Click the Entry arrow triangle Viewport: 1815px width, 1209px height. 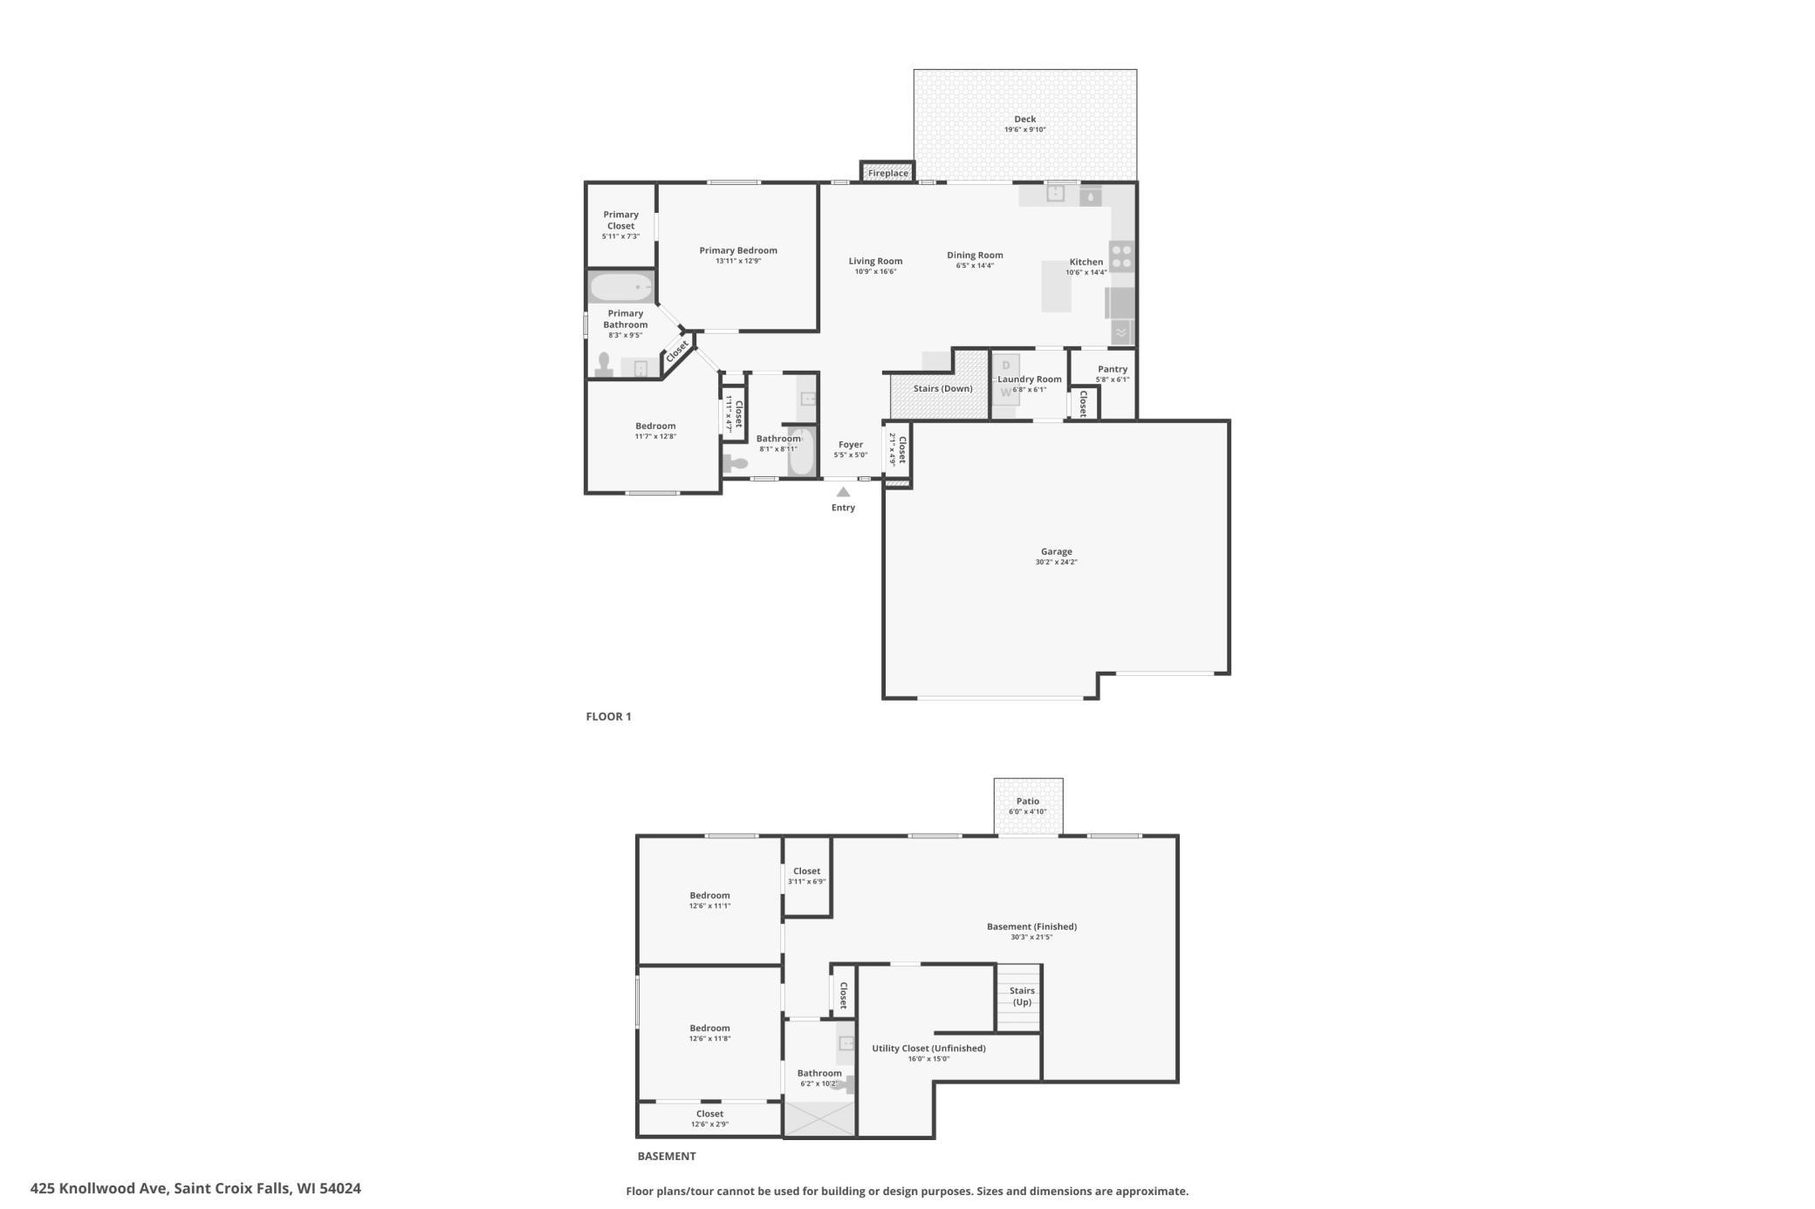pos(843,492)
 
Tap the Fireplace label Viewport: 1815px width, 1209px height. pos(888,174)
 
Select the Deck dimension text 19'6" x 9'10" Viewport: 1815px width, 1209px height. pos(1024,130)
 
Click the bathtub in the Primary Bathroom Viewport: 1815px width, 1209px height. pos(621,287)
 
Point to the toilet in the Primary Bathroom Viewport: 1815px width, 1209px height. pos(603,365)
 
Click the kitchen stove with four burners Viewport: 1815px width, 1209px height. pos(1121,256)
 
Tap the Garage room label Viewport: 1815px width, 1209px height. pos(1056,551)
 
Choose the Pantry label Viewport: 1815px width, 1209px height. pos(1113,369)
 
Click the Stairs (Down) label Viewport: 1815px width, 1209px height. pos(942,388)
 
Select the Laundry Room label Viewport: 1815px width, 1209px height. pos(1030,379)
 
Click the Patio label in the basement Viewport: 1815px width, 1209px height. pos(1028,801)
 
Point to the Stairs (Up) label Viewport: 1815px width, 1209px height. pos(1022,996)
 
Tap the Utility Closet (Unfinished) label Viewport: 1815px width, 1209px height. pos(928,1048)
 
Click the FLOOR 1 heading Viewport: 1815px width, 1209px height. pos(608,716)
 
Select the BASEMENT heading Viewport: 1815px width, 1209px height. pos(667,1156)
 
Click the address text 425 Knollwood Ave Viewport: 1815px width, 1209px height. pos(99,1188)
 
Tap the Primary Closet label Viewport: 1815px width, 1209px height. pos(620,220)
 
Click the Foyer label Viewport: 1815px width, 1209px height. pos(850,445)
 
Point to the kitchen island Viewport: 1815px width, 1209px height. pos(1056,286)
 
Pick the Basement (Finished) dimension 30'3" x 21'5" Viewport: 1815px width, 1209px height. pos(1031,937)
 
